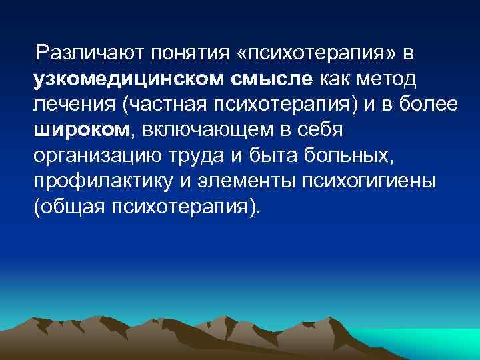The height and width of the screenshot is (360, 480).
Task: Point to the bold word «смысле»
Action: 273,79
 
